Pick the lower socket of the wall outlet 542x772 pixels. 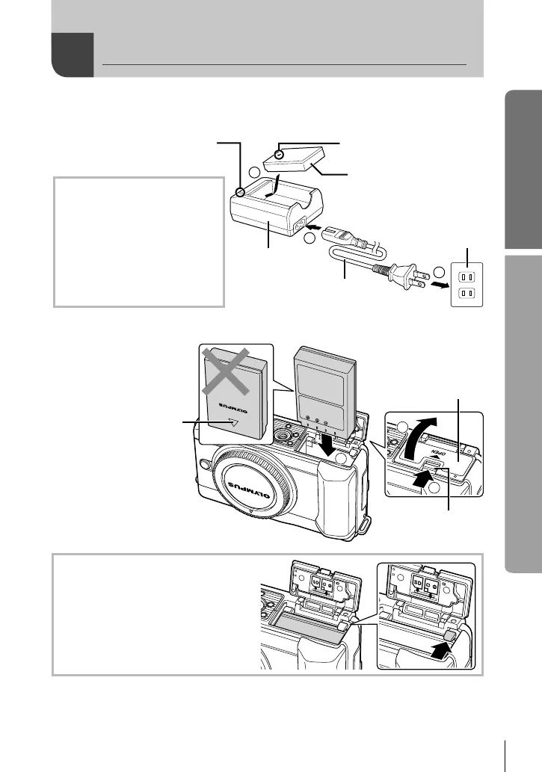[x=465, y=292]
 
